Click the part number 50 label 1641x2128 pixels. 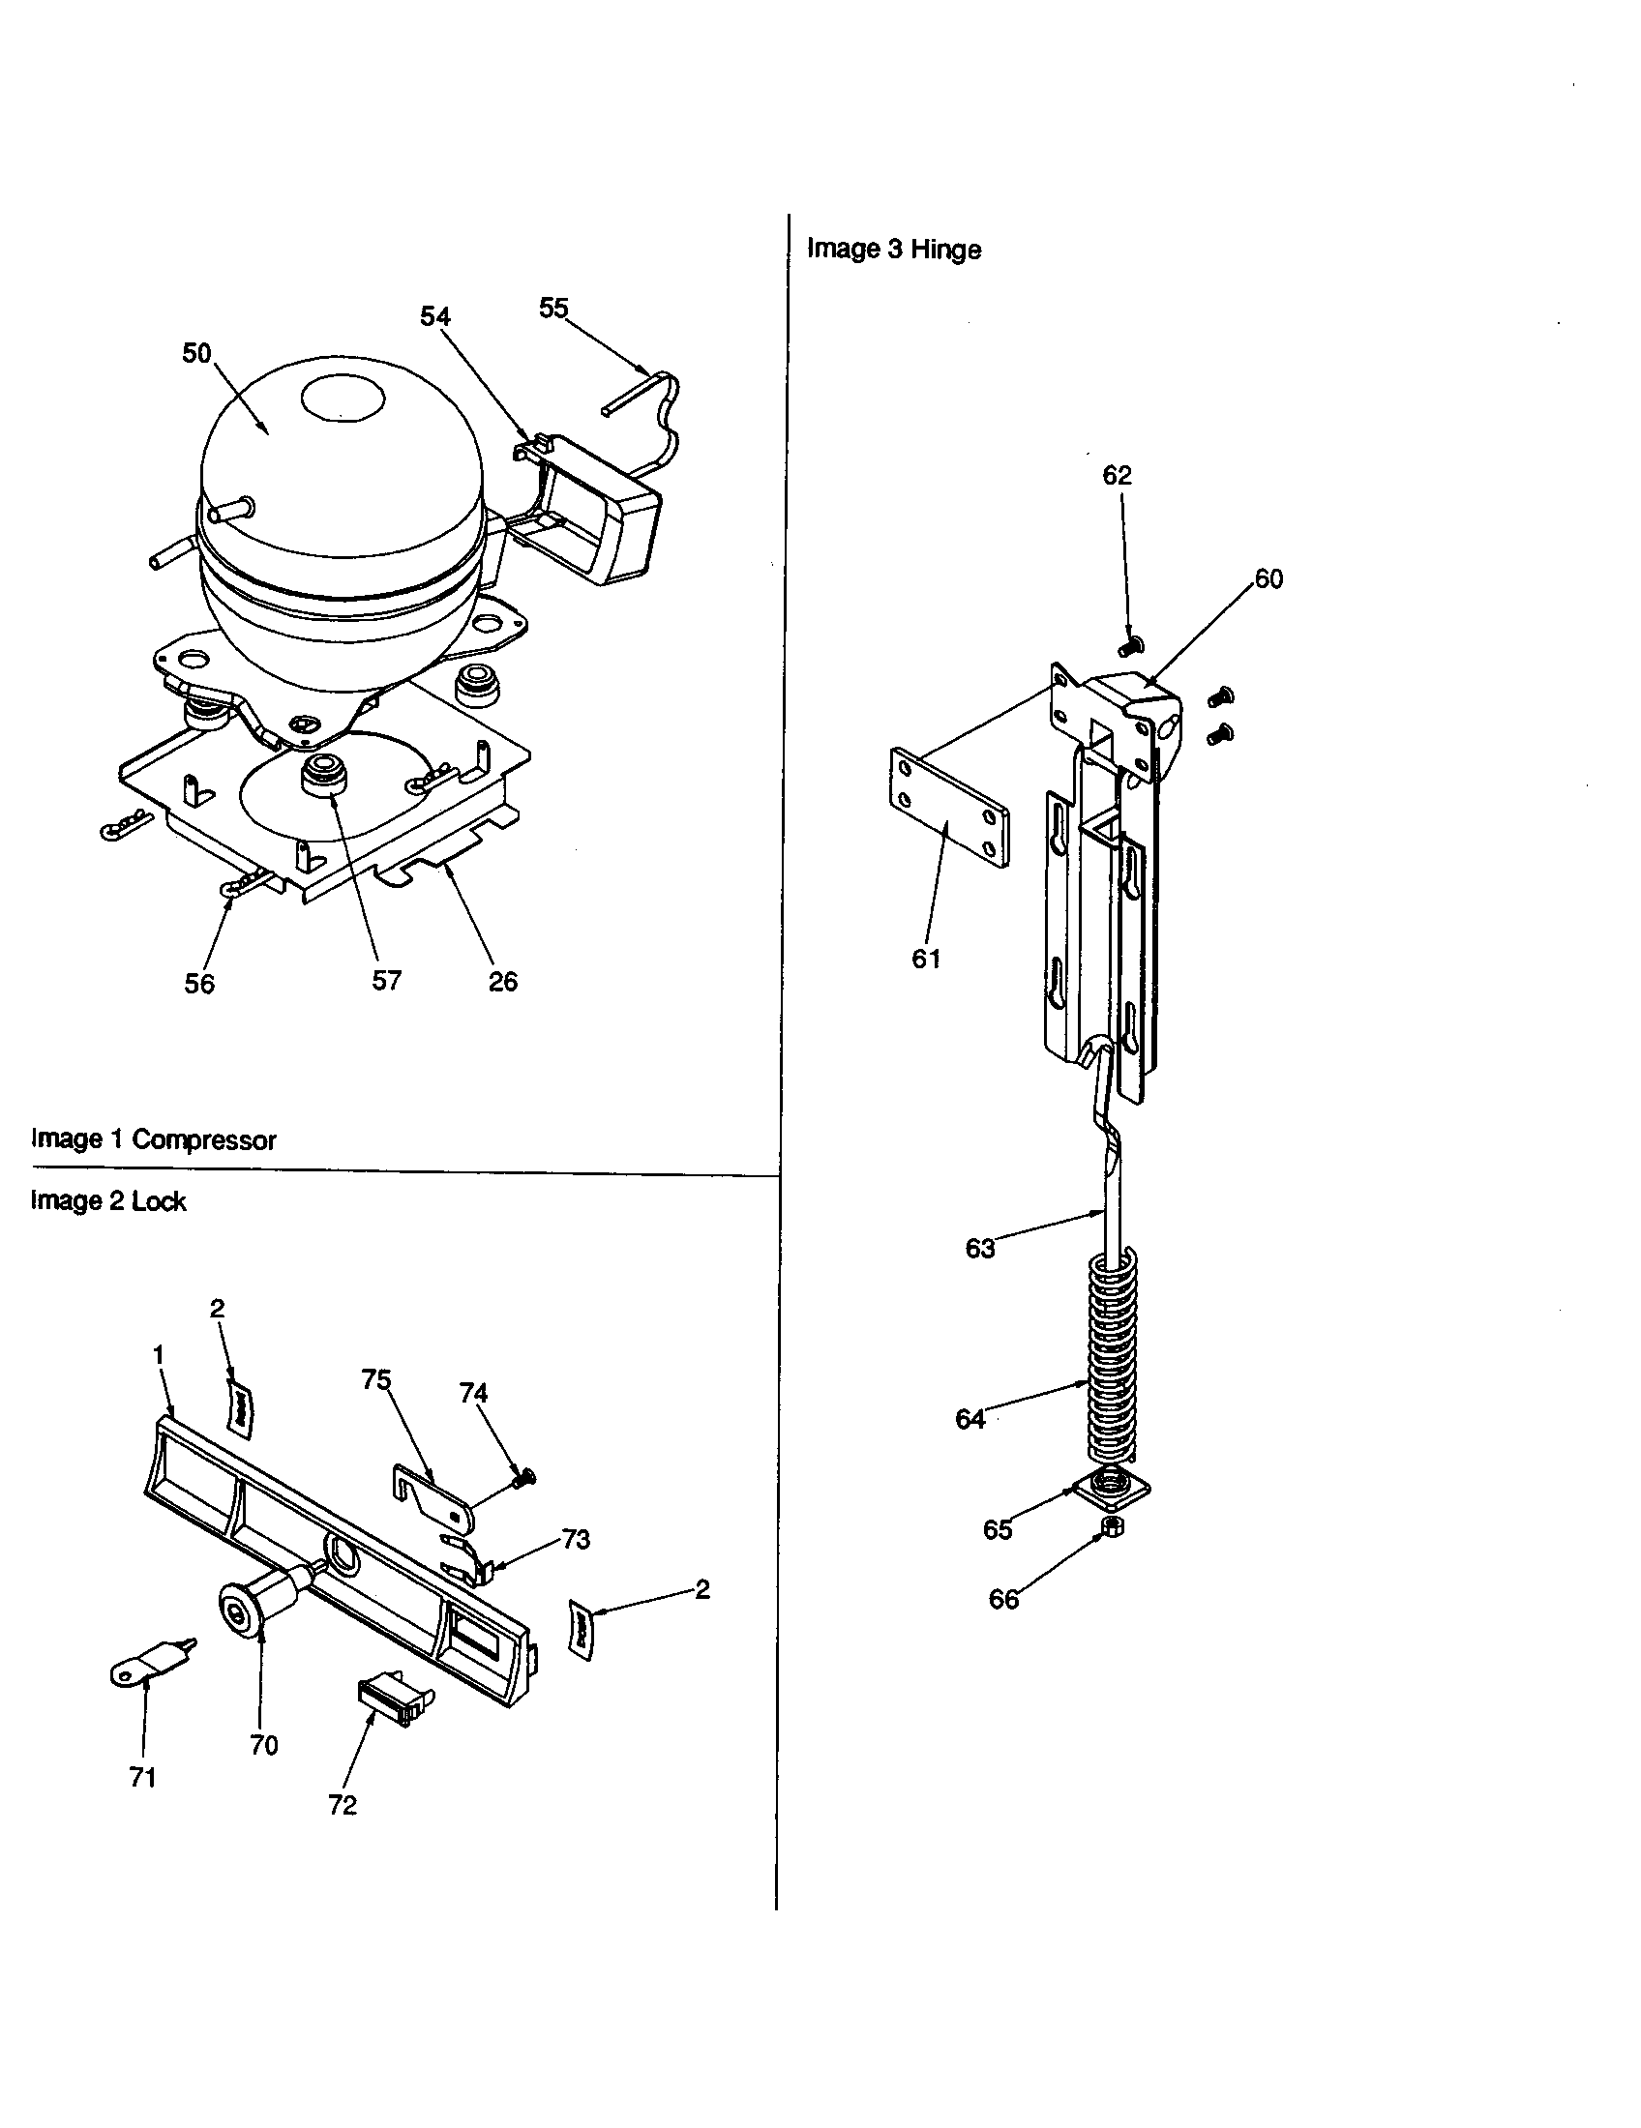(196, 354)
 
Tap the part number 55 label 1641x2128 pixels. (553, 308)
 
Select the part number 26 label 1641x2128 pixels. (503, 981)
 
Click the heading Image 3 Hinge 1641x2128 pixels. (894, 250)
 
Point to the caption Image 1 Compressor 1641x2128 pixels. (154, 1139)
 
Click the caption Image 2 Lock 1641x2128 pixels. (108, 1201)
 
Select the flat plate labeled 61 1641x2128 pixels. (950, 807)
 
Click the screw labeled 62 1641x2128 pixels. (1131, 644)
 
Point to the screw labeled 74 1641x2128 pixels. (525, 1479)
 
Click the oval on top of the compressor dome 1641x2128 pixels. (344, 399)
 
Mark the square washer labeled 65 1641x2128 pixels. (1111, 1488)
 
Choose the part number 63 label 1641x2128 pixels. (979, 1248)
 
